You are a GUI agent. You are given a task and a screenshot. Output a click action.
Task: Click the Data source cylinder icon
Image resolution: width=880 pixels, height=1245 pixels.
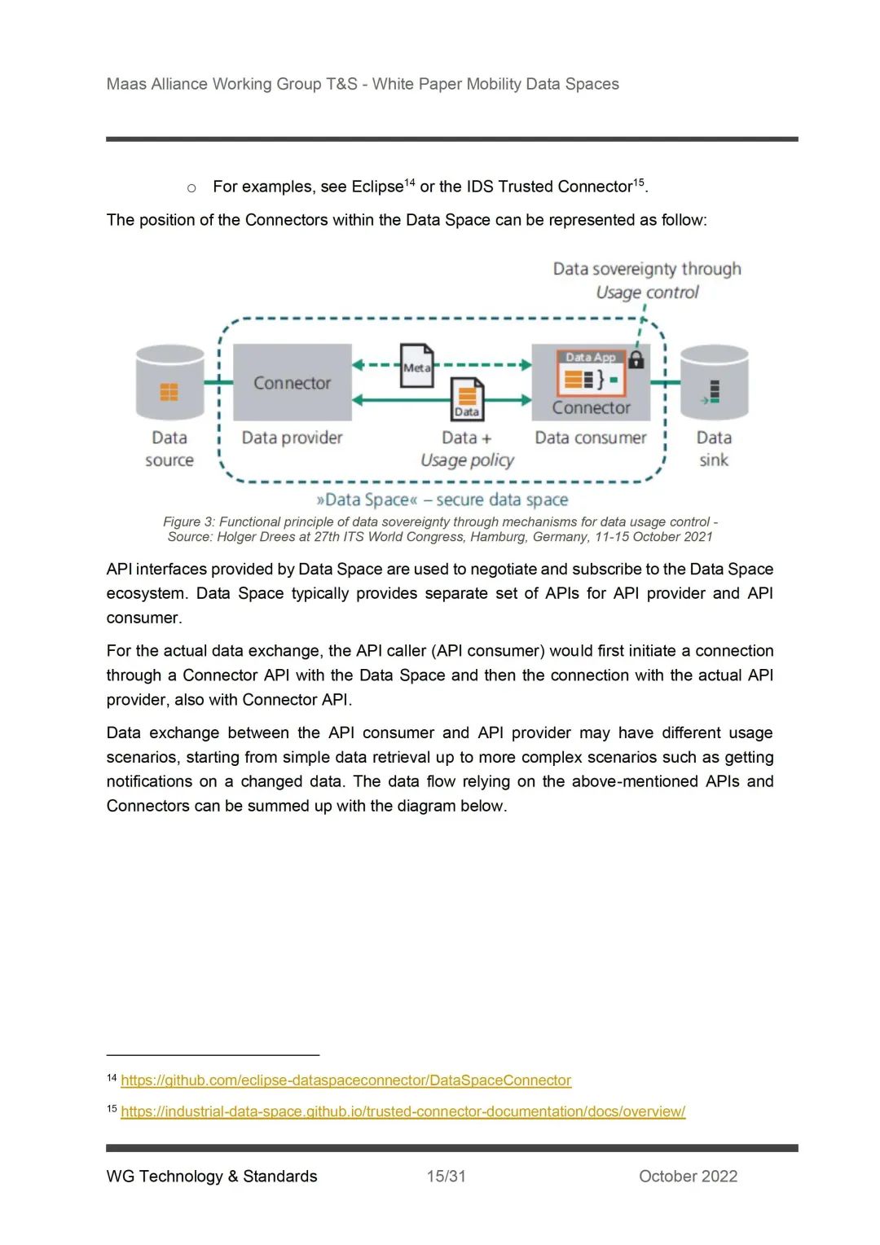click(169, 383)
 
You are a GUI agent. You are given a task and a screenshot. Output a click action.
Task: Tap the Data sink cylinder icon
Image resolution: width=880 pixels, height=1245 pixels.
click(714, 383)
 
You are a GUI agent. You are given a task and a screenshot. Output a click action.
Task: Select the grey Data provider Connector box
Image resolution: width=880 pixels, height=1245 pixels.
click(292, 382)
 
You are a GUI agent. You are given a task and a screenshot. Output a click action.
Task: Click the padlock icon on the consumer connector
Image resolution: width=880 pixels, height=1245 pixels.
click(636, 359)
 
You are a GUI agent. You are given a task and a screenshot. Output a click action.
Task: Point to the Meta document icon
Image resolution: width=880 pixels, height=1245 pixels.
click(416, 364)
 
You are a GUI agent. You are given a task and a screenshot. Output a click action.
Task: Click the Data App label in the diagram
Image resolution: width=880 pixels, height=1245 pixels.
click(591, 357)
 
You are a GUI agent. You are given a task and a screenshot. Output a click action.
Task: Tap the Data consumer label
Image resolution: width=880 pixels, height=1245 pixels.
click(591, 438)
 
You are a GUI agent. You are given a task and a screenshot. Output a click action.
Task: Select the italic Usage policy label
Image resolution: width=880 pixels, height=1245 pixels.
click(467, 460)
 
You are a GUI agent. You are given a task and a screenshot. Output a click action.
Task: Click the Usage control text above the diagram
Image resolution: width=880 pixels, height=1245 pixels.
click(647, 293)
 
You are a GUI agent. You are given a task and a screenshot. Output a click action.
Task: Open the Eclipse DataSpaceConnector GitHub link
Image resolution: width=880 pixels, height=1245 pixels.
click(345, 1080)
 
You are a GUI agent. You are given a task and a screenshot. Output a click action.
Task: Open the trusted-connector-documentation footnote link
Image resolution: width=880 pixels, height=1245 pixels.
click(403, 1111)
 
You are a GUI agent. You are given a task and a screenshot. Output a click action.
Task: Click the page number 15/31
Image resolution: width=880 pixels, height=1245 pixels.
click(446, 1176)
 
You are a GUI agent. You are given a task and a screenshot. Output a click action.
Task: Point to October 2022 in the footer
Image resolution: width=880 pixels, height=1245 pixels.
click(688, 1176)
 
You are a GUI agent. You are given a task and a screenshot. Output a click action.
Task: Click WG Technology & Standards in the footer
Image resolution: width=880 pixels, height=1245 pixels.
click(212, 1176)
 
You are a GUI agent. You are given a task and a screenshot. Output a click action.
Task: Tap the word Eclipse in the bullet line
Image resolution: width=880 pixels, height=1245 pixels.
click(377, 187)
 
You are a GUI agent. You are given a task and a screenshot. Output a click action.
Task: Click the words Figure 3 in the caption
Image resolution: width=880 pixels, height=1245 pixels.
click(188, 521)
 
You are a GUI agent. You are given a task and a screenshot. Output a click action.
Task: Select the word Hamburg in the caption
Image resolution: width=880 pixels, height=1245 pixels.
click(498, 537)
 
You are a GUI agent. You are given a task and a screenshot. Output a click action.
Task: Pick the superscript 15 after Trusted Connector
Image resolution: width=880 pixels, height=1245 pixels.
click(639, 182)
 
